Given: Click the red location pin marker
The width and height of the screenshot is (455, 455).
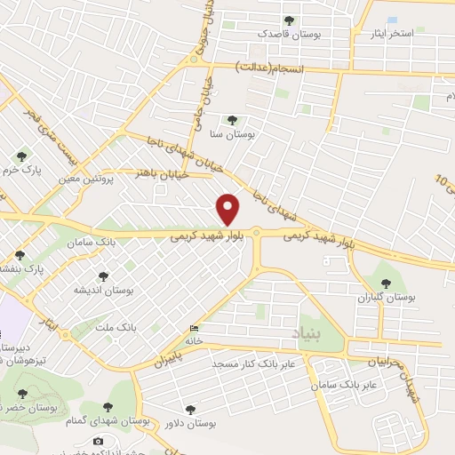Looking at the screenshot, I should coord(229,208).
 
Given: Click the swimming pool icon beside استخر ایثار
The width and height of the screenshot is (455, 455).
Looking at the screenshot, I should coord(393,20).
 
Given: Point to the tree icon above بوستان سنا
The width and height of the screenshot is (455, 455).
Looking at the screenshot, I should coord(233,120).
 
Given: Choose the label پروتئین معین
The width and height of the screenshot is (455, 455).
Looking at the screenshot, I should coord(87,179).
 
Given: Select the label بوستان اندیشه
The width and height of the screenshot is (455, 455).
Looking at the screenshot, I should coord(103,291).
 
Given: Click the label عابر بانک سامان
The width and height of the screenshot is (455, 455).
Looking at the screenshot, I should coord(346,386).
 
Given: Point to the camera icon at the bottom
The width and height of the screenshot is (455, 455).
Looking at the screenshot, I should coord(98,441).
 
